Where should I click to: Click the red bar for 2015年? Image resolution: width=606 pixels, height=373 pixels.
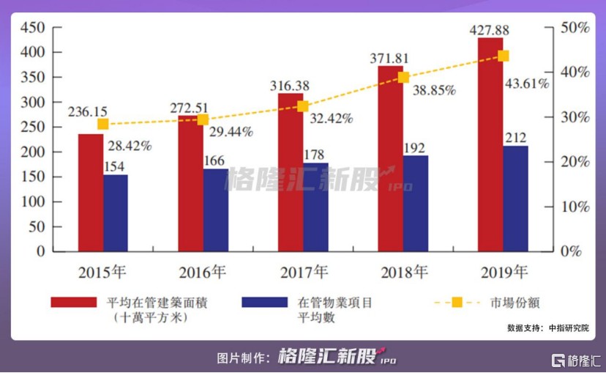click(91, 192)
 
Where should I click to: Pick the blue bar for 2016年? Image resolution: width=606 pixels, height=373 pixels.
click(215, 210)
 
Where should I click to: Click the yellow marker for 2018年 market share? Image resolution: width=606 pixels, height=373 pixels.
click(403, 77)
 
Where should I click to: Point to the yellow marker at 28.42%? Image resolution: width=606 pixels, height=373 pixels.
click(103, 124)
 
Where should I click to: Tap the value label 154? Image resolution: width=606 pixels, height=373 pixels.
click(115, 166)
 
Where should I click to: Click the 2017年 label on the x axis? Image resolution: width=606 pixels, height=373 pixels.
click(304, 273)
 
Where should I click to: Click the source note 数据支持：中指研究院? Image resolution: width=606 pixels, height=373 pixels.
click(547, 328)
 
